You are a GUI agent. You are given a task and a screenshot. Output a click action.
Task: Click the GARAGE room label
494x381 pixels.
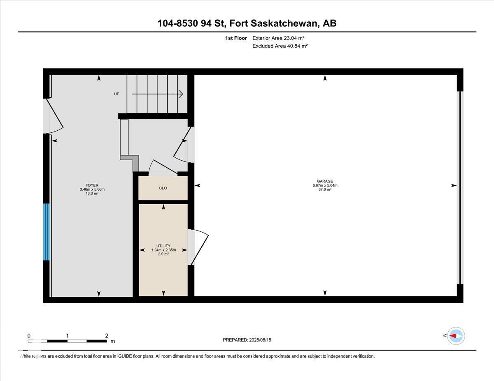click(x=325, y=181)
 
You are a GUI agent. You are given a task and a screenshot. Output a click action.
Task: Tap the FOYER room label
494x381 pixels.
click(x=92, y=185)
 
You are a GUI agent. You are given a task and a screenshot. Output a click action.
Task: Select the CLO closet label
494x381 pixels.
click(x=163, y=188)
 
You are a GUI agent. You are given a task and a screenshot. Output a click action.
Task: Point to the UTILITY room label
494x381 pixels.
click(x=163, y=246)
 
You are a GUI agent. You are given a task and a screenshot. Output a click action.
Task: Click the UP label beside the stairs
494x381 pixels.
click(x=117, y=94)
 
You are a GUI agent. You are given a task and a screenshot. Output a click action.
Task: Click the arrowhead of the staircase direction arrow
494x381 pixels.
click(x=181, y=94)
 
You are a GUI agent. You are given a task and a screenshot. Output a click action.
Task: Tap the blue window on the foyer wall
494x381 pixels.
click(x=47, y=232)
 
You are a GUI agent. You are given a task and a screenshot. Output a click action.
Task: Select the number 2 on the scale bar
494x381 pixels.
click(x=107, y=335)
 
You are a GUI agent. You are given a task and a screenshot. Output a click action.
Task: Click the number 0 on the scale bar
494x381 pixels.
click(x=29, y=336)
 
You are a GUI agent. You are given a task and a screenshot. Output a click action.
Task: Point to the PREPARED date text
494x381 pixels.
click(x=247, y=340)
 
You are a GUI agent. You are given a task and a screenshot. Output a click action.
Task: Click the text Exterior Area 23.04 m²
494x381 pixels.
click(x=278, y=38)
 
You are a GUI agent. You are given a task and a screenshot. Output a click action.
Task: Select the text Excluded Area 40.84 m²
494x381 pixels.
click(x=280, y=46)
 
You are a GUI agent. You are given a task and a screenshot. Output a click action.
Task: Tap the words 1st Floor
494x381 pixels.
click(x=236, y=38)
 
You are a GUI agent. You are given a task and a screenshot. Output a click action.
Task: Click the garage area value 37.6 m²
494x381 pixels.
click(x=325, y=189)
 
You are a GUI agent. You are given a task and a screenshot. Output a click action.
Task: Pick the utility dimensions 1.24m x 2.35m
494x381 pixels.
click(x=163, y=250)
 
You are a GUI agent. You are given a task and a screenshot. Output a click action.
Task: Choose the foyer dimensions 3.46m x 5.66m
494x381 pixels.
click(x=92, y=189)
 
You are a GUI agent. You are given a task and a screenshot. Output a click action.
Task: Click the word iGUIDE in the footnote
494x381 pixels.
click(x=125, y=356)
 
